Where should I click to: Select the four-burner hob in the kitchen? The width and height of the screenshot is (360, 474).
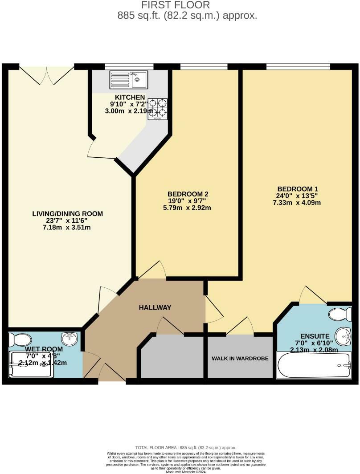pos(157,107)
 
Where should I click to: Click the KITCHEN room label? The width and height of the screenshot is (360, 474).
pos(130,98)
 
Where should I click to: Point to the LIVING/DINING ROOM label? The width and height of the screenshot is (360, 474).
pos(68,214)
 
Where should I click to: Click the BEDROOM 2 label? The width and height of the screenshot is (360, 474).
pos(188,194)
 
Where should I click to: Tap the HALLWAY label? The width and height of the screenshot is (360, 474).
pos(155,307)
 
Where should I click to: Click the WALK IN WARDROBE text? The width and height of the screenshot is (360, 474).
pos(240,359)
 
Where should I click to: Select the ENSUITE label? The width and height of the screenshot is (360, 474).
pos(314,336)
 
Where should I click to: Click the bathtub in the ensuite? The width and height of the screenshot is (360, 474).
pos(314,365)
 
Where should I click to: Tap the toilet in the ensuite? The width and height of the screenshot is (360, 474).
pos(340,315)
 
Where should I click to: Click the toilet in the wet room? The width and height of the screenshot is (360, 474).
pos(20,340)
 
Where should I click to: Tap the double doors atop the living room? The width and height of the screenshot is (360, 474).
pos(46,75)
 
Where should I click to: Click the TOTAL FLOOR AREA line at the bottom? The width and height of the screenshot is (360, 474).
pos(186,447)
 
